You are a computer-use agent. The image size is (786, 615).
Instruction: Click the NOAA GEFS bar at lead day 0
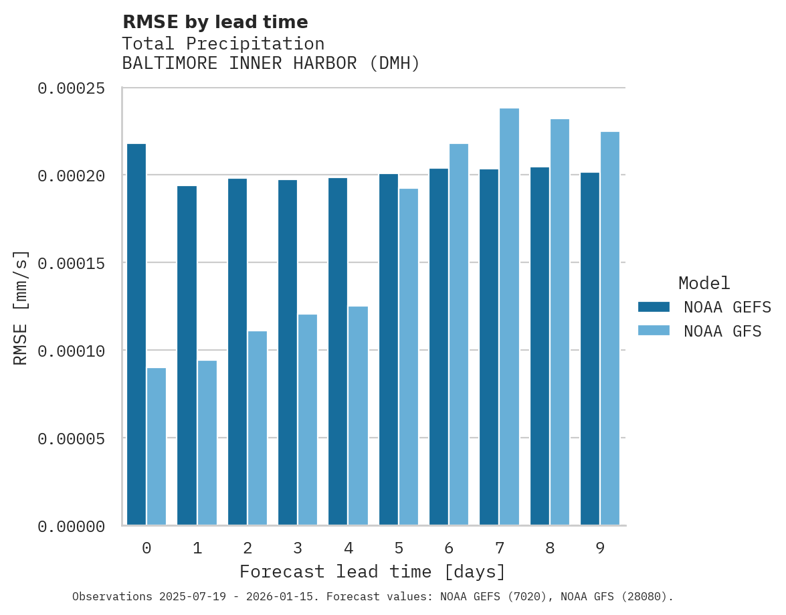[x=136, y=335]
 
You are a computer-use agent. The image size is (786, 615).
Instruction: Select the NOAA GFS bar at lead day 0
[x=157, y=446]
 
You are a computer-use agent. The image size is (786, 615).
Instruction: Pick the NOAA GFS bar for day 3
[x=308, y=420]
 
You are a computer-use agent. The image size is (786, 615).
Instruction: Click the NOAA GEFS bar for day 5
[x=389, y=349]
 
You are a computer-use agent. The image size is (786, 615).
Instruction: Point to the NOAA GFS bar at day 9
[x=610, y=328]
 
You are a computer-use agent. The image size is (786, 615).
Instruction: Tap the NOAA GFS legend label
[x=722, y=331]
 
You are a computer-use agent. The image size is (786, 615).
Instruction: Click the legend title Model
[x=704, y=283]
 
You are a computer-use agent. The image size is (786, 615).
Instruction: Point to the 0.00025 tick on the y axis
[x=72, y=88]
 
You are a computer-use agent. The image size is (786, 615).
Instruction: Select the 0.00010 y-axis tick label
[x=72, y=351]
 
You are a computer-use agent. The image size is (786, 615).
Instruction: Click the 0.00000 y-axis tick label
[x=72, y=527]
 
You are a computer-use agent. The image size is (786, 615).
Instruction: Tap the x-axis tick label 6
[x=449, y=549]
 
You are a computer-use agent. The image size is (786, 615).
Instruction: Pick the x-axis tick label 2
[x=248, y=549]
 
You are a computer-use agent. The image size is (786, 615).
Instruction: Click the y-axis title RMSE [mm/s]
[x=21, y=307]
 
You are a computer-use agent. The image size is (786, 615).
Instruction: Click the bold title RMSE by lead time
[x=215, y=22]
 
